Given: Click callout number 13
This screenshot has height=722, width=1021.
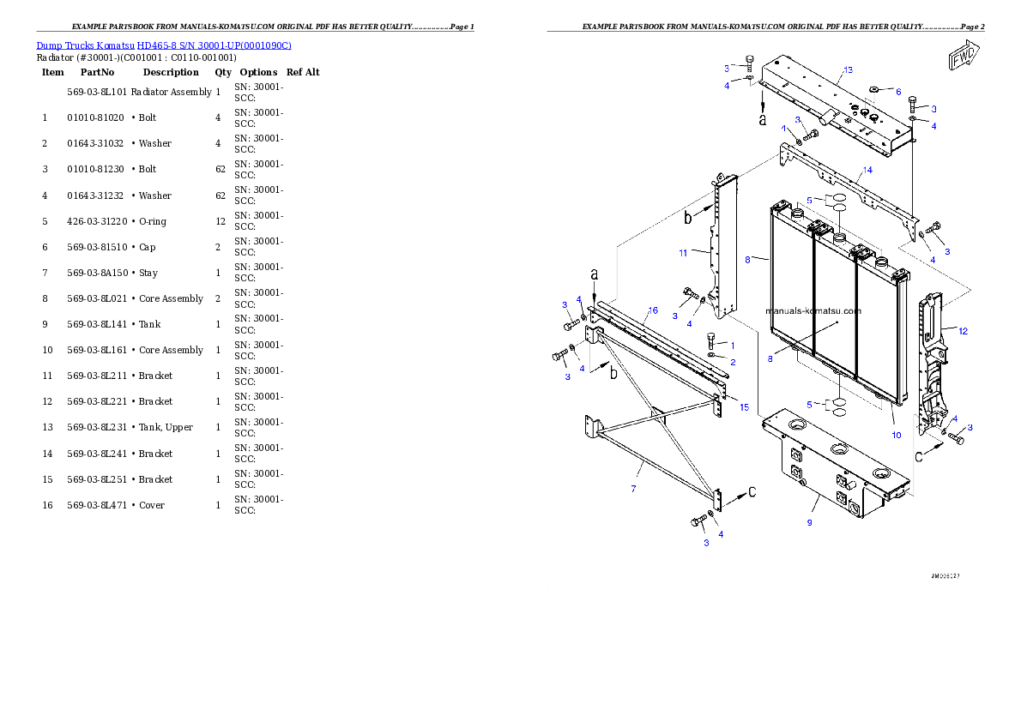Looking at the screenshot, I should [x=848, y=69].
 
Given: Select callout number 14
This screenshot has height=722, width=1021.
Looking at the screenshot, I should [x=867, y=171].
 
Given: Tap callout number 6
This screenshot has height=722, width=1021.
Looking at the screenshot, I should [x=897, y=92].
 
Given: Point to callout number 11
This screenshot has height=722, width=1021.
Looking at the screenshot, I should [x=683, y=253].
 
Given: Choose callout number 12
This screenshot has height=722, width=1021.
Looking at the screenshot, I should [x=963, y=331].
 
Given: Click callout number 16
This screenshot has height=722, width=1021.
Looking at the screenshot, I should [x=653, y=310].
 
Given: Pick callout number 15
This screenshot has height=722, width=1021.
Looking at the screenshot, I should [x=744, y=406].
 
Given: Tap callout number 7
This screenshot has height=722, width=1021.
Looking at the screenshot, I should [x=633, y=488].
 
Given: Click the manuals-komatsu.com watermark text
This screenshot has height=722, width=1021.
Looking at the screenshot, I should [x=813, y=311].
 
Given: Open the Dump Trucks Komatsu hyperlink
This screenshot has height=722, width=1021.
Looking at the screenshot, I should [x=164, y=45].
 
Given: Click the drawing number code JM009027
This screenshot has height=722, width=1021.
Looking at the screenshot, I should [x=945, y=576].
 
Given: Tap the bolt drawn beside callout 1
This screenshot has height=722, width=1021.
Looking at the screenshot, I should [x=711, y=340].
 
